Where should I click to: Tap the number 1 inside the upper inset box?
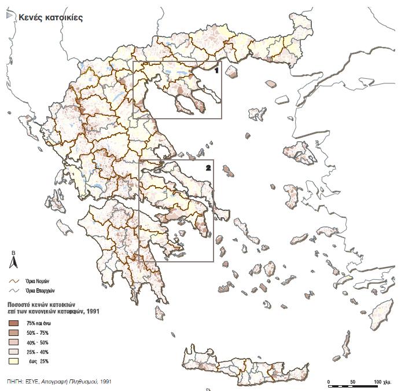(x=216, y=70)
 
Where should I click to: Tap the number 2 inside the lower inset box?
(x=208, y=167)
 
